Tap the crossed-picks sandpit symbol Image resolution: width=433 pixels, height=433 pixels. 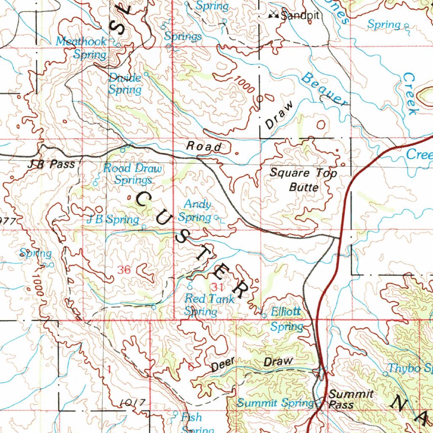(x=274, y=16)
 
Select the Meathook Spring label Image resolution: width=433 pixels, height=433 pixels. (x=82, y=48)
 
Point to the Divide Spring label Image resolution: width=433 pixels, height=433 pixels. (x=125, y=84)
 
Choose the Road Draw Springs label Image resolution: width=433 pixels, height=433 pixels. (x=133, y=174)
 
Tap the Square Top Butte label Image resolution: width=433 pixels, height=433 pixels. (x=304, y=180)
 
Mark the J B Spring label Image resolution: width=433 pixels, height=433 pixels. (x=112, y=219)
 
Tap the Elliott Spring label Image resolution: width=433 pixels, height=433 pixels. (x=286, y=319)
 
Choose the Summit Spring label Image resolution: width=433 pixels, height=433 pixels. (x=275, y=403)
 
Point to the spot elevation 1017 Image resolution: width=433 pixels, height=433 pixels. (x=132, y=402)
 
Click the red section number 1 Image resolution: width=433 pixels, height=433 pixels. (x=109, y=369)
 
